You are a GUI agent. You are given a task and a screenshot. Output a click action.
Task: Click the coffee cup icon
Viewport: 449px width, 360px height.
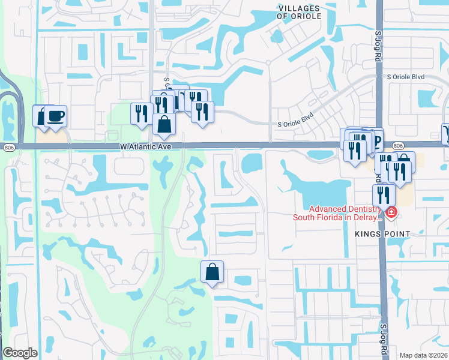(x=56, y=115)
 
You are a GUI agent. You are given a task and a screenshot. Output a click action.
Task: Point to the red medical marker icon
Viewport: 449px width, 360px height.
(x=391, y=212)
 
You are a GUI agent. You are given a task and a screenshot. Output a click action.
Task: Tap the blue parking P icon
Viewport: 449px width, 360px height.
(x=376, y=141)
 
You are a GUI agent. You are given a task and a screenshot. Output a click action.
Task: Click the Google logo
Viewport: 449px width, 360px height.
(x=20, y=353)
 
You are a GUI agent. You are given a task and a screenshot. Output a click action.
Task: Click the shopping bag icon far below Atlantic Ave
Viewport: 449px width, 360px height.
(x=212, y=272)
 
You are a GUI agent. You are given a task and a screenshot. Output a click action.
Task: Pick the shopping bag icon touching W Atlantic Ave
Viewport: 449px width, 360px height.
(x=163, y=125)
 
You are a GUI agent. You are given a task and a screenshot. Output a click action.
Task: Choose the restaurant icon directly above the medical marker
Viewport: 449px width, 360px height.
(x=384, y=194)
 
